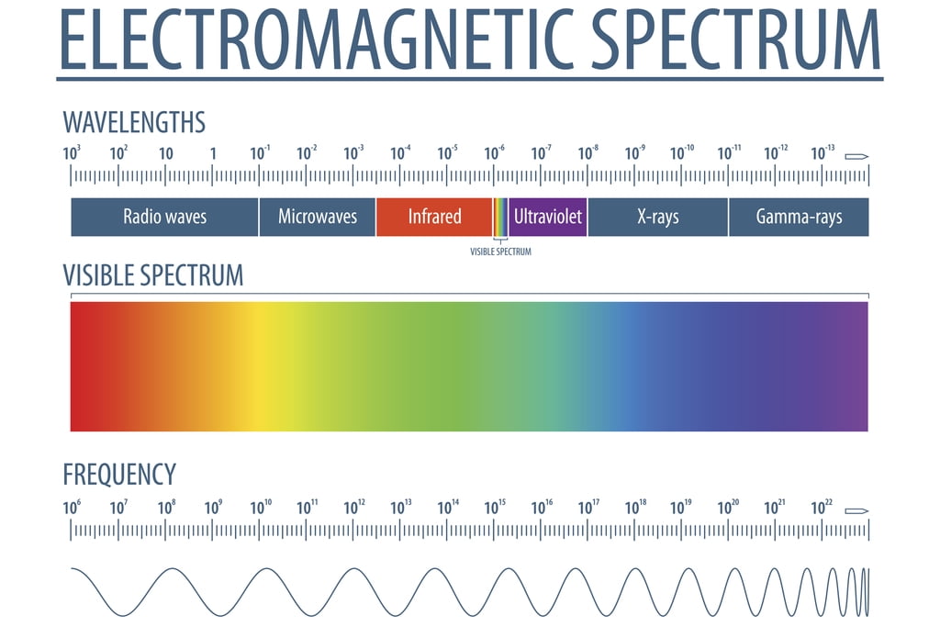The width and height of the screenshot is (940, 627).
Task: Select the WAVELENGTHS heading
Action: tap(134, 122)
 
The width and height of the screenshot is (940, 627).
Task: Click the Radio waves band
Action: tap(165, 218)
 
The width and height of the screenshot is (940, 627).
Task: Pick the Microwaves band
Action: tap(318, 218)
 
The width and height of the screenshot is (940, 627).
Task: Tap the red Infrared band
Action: tap(434, 218)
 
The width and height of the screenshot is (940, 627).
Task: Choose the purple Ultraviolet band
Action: tap(548, 218)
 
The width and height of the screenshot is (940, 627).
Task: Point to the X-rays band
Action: tap(657, 218)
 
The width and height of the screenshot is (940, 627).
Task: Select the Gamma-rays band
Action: tap(799, 218)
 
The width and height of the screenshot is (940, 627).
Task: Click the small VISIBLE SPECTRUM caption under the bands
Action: tap(500, 252)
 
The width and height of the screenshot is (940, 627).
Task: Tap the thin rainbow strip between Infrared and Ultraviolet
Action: tap(500, 218)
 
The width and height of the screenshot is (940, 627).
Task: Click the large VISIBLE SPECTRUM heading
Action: tap(153, 274)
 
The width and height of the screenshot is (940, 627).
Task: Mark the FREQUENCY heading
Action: tap(119, 475)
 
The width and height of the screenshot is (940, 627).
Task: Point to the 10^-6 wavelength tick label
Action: tap(494, 153)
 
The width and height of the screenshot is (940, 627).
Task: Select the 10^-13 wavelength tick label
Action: tap(822, 153)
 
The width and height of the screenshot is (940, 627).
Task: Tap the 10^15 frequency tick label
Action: tap(495, 507)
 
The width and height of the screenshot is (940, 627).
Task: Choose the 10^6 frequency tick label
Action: tap(72, 507)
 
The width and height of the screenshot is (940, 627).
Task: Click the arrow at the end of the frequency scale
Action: tap(856, 510)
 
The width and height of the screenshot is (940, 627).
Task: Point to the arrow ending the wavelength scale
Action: tap(856, 156)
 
